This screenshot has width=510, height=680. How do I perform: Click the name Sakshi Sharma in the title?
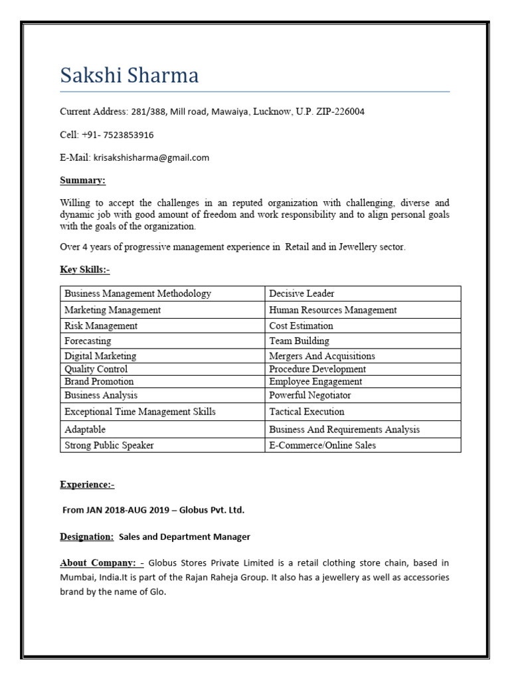129,75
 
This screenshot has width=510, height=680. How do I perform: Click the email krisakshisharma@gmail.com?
151,157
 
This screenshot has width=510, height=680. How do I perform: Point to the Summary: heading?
82,181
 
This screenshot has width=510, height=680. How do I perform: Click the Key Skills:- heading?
85,270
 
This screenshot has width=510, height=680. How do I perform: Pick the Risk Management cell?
101,326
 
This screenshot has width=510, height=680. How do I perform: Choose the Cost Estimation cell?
301,326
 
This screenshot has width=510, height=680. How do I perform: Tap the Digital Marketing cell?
100,356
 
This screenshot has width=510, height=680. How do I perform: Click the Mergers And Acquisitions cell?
322,356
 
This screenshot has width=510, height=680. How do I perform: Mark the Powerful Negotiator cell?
310,395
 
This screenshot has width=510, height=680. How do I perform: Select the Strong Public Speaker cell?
109,445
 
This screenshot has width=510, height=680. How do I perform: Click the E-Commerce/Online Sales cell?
322,445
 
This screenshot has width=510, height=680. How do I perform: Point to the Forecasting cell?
88,341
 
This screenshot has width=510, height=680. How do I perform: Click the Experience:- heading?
87,485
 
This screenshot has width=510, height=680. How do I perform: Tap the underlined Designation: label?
87,537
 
